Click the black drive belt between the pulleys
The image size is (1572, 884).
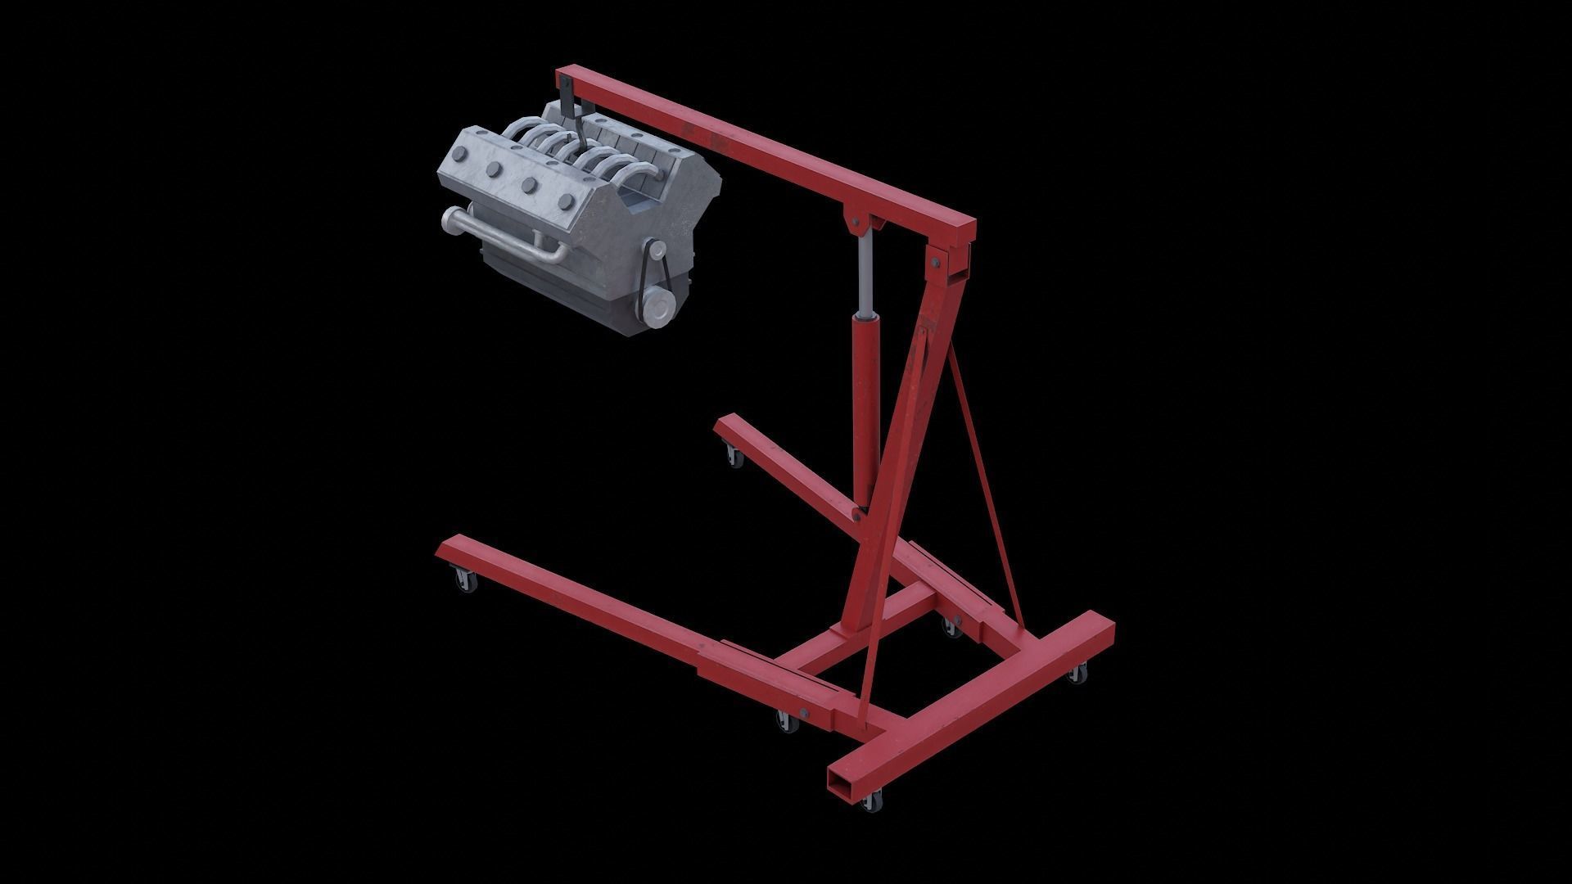(x=645, y=278)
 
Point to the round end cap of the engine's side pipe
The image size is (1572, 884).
(x=449, y=219)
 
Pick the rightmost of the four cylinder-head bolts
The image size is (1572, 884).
(x=563, y=203)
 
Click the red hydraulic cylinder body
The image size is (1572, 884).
(x=863, y=409)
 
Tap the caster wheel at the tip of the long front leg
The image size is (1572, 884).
(x=464, y=581)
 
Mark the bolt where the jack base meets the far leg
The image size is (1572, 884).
(x=856, y=514)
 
